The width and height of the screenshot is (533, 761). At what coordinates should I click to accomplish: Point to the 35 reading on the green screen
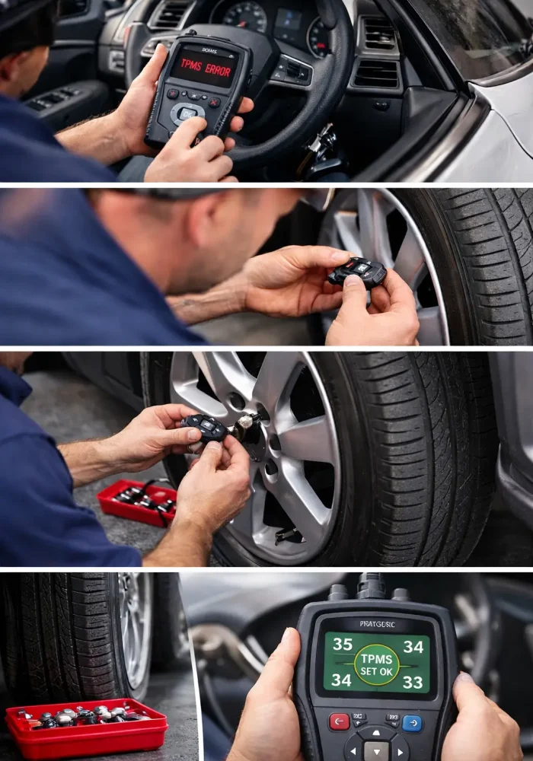(343, 645)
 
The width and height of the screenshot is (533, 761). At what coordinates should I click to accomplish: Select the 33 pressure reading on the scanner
(413, 683)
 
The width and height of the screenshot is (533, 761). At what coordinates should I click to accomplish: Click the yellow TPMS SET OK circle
(377, 664)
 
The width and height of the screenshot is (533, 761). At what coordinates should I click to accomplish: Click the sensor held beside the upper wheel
(357, 272)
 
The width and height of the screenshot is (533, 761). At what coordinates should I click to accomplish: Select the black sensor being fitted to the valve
(204, 427)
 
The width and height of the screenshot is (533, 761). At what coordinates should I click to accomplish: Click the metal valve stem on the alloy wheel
(245, 421)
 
